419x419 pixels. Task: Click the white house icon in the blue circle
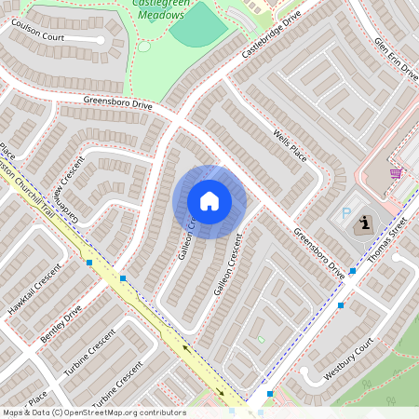209,201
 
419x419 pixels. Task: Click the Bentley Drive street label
61,322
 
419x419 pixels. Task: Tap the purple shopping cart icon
396,173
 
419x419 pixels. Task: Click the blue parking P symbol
347,214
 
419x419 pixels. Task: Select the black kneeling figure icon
364,223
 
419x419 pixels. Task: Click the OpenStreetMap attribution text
93,412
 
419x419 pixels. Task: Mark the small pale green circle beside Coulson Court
143,46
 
